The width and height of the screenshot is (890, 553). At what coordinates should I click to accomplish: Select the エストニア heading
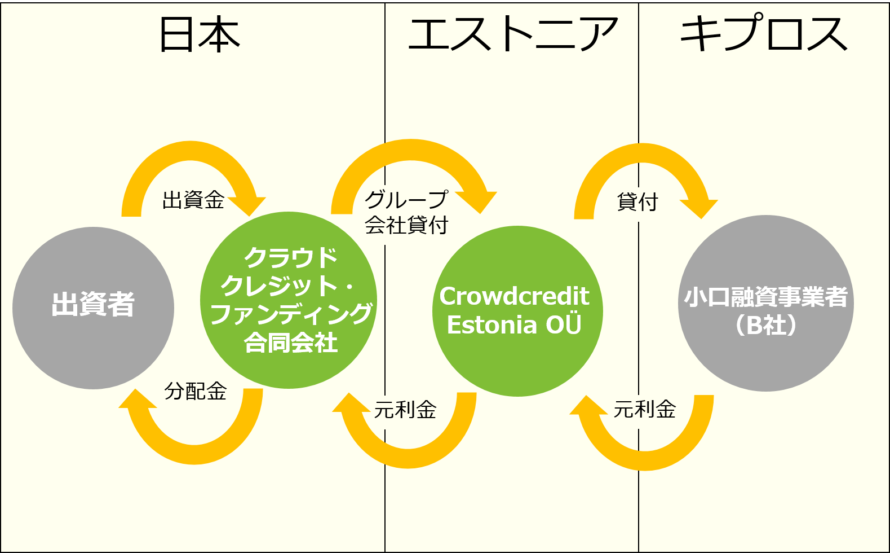coord(512,34)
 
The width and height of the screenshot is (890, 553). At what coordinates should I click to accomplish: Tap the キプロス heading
coord(764,34)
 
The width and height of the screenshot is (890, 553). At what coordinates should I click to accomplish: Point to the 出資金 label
coord(193,200)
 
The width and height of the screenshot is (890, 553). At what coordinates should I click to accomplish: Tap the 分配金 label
coord(196,391)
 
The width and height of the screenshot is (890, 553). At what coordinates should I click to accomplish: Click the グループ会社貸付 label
coord(406,212)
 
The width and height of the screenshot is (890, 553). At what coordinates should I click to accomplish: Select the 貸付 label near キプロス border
coord(637,201)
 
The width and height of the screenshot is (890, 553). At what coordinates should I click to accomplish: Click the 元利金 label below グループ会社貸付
coord(405,410)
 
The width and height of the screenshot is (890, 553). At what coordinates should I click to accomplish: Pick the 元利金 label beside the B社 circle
coord(645,409)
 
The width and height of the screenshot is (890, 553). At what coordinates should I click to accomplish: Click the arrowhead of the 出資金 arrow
coord(248,205)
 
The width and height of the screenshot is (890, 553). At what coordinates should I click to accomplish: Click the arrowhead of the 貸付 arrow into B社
coord(699,208)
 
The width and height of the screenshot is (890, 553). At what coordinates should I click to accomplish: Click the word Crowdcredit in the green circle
coord(514,296)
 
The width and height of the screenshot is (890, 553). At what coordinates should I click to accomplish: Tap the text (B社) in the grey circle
coord(765,325)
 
